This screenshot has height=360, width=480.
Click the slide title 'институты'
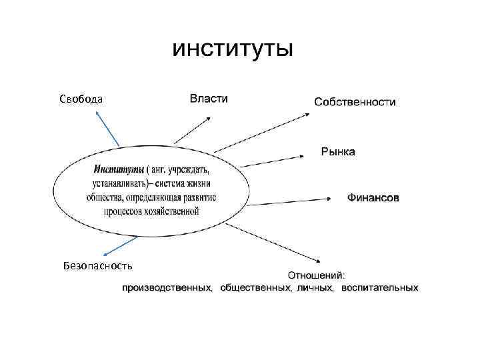tap(232, 49)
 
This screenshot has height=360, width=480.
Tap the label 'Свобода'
tap(81, 99)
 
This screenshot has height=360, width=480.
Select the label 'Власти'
tap(209, 99)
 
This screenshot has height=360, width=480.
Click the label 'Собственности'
tap(355, 103)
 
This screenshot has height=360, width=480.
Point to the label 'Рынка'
tap(338, 152)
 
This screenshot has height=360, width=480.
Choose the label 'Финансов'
tap(372, 198)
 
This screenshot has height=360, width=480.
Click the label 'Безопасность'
tap(97, 265)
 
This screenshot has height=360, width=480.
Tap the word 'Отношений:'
tap(316, 275)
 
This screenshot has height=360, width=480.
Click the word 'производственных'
tap(167, 288)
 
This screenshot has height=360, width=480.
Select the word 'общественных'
tap(256, 288)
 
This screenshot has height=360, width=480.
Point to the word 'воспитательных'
tap(380, 288)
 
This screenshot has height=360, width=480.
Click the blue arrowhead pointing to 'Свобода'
tap(97, 113)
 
